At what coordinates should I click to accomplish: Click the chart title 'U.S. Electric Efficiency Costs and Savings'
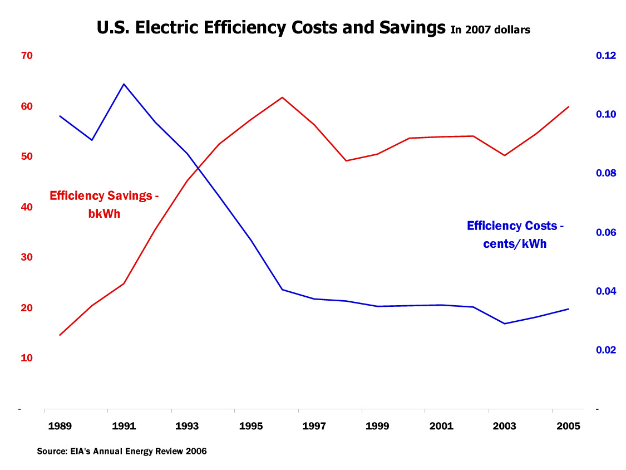coord(271,27)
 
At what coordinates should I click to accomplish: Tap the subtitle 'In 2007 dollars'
coord(490,30)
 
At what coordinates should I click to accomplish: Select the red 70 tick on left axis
coord(27,56)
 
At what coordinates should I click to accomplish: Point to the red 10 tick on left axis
coord(27,358)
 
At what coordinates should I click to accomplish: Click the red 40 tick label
coord(27,207)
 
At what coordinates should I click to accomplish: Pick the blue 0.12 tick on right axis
coord(606,56)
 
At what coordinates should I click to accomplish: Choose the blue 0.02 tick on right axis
coord(606,350)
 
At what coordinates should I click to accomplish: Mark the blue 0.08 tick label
coord(606,173)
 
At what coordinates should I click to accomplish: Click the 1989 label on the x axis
coord(60,427)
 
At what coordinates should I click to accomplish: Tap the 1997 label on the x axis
coord(314,427)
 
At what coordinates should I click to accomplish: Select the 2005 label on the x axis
coord(569,427)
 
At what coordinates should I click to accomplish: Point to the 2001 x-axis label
coord(441,427)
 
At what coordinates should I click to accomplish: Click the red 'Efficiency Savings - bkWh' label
coord(105,204)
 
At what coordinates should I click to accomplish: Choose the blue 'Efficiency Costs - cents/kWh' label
coord(515,234)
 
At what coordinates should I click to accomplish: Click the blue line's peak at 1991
coord(124,84)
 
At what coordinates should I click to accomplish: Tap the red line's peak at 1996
coord(283,97)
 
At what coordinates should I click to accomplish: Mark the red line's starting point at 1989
coord(60,335)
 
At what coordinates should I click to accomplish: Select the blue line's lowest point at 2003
coord(505,324)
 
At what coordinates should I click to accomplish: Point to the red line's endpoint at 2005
coord(569,106)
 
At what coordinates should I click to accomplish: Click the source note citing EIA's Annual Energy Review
coord(122,451)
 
